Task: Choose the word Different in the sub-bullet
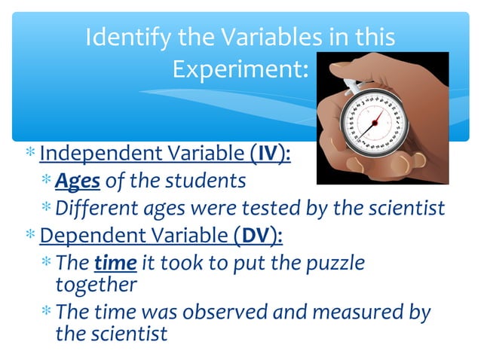pos(93,207)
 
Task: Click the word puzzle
pos(330,264)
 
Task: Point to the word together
pos(96,285)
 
